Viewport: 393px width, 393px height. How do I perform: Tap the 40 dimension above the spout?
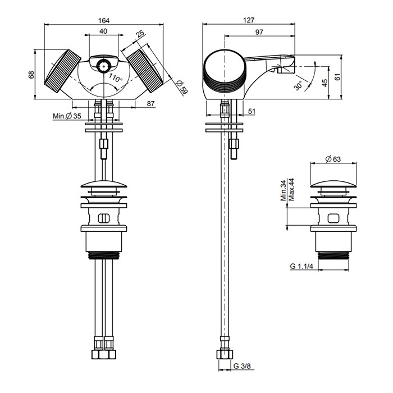[x=104, y=31]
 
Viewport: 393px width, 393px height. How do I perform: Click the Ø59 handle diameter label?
[x=181, y=88]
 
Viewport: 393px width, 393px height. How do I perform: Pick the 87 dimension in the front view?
[x=150, y=103]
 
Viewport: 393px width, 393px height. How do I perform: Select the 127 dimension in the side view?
[x=249, y=20]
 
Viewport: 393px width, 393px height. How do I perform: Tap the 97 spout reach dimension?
[x=259, y=32]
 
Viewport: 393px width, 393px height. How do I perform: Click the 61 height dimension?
[x=337, y=76]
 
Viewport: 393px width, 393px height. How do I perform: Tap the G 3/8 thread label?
[x=244, y=366]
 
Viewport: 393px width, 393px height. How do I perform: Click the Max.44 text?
[x=292, y=190]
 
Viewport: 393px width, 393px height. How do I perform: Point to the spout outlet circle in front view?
[x=103, y=65]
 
